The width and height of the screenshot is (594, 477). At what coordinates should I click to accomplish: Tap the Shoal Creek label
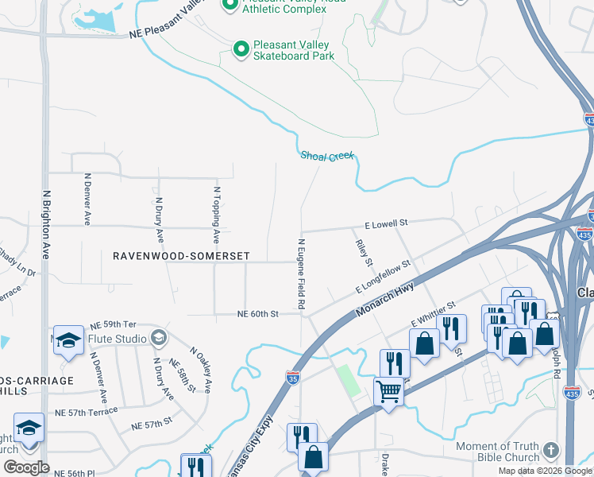[x=326, y=156]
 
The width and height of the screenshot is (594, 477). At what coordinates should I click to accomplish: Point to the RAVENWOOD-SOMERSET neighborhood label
[x=181, y=256]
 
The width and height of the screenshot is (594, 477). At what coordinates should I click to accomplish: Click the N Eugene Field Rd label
[x=302, y=273]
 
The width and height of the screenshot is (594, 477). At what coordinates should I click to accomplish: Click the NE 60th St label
[x=257, y=314]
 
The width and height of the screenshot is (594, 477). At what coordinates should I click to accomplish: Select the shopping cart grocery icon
[x=388, y=391]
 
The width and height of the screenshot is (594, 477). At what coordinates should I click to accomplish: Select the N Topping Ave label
[x=216, y=215]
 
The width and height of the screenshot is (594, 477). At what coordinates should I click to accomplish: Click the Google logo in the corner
[x=26, y=467]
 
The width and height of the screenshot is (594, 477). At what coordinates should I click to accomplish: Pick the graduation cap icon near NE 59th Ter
[x=68, y=339]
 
